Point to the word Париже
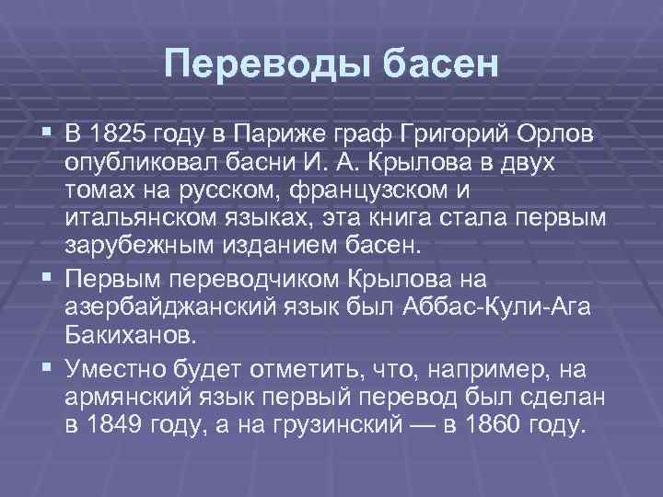[270, 137]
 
